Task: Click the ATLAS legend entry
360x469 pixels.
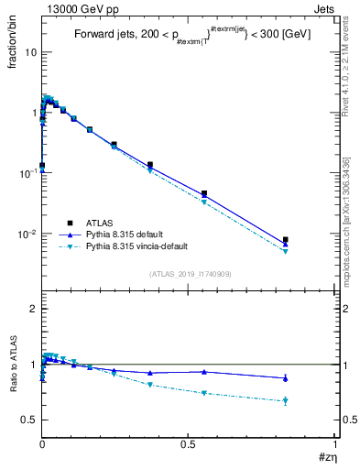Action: click(100, 223)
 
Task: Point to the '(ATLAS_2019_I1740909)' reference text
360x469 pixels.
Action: click(190, 274)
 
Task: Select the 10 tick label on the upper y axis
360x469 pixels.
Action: click(30, 52)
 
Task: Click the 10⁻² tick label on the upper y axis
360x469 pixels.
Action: click(26, 234)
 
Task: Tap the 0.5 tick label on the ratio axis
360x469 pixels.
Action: click(28, 420)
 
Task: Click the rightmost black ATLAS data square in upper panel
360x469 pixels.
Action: click(286, 240)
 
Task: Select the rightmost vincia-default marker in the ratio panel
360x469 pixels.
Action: click(286, 400)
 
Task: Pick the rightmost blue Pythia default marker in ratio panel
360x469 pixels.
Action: click(286, 377)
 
